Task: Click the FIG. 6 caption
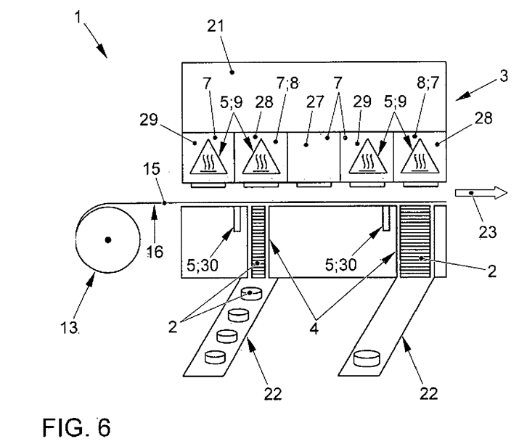(x=76, y=427)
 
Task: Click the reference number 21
(x=216, y=26)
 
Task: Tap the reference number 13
(x=69, y=328)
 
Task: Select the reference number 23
(x=488, y=232)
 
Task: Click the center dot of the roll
(x=108, y=239)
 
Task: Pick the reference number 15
(x=152, y=169)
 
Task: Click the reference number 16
(x=155, y=252)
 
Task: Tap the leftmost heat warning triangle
(x=208, y=157)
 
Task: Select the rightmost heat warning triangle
(x=420, y=157)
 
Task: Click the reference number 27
(x=315, y=102)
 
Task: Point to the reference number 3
(x=504, y=76)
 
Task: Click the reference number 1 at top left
(x=78, y=17)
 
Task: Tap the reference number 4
(x=314, y=329)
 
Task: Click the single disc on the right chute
(x=367, y=358)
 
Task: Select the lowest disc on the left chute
(x=216, y=358)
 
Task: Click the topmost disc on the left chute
(x=252, y=294)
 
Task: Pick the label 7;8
(x=287, y=83)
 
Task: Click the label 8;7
(x=428, y=83)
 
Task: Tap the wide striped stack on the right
(x=415, y=242)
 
